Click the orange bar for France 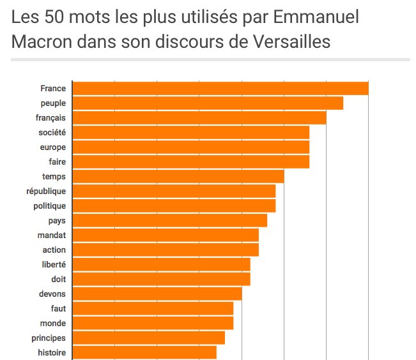(x=220, y=89)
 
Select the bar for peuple (x=208, y=103)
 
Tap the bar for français (x=199, y=117)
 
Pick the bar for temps (x=178, y=177)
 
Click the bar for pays (x=170, y=221)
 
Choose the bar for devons (x=157, y=294)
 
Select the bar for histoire (x=144, y=352)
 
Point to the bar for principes (x=149, y=338)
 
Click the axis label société (x=52, y=132)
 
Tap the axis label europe (x=53, y=147)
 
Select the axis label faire (x=58, y=161)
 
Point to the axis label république (x=46, y=191)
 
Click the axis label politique (x=49, y=206)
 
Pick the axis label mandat (x=52, y=235)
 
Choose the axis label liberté (x=54, y=264)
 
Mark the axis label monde (x=53, y=323)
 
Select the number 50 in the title (x=48, y=17)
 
